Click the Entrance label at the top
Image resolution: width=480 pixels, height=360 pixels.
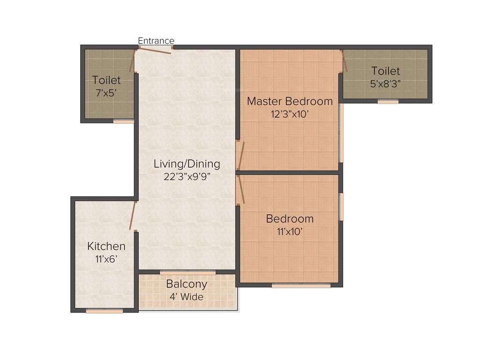click(x=156, y=41)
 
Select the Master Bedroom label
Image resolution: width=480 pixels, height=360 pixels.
click(x=290, y=101)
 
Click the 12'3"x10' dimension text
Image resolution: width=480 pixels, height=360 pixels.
click(x=290, y=114)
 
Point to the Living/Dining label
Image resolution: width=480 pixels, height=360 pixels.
click(x=187, y=164)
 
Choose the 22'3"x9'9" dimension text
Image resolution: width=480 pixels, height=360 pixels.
click(x=187, y=177)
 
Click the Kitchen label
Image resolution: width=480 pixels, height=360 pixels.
click(x=106, y=246)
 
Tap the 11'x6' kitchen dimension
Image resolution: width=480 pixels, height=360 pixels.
click(x=106, y=259)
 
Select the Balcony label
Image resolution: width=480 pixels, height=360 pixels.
click(x=187, y=284)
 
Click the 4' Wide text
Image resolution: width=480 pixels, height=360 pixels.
click(x=187, y=297)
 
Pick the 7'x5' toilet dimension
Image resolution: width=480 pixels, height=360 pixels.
click(x=106, y=93)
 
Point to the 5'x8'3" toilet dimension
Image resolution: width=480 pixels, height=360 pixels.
click(x=385, y=84)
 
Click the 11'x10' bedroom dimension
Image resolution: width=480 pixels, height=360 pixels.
click(x=290, y=231)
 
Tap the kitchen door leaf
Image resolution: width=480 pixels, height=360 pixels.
click(x=133, y=215)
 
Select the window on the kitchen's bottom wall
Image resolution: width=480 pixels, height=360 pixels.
click(x=105, y=310)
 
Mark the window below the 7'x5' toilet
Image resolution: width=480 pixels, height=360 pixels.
click(x=124, y=121)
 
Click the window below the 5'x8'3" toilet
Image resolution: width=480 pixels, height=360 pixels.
click(x=388, y=101)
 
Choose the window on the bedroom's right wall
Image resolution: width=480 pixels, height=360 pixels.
click(x=341, y=206)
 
